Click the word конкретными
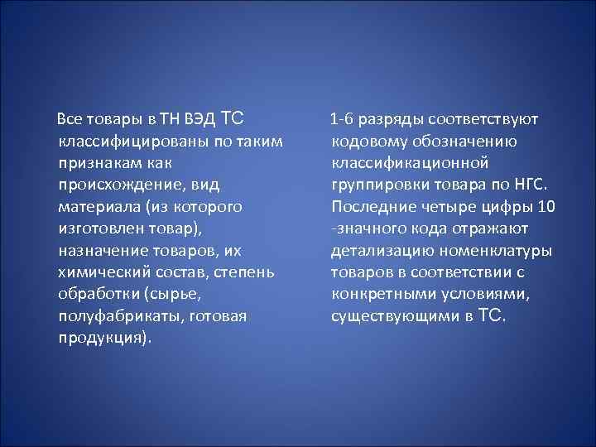point(378,294)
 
